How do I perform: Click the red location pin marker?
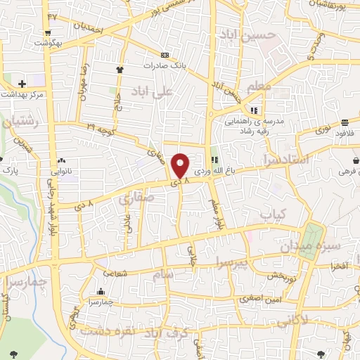click(181, 165)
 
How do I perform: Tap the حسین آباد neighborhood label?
click(243, 34)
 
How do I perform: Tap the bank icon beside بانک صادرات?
click(165, 55)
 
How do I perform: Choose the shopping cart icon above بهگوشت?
click(48, 32)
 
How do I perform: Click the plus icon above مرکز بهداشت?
click(22, 84)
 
